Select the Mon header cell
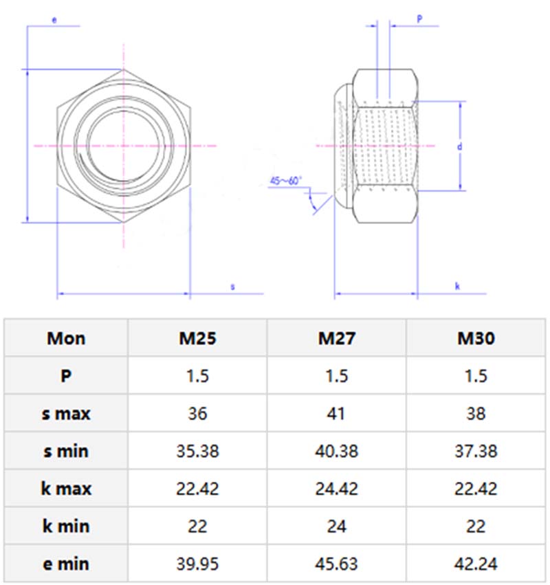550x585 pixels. pos(66,338)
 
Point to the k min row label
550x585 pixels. pos(66,527)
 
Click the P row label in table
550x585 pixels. pos(66,376)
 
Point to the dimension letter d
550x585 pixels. pos(459,146)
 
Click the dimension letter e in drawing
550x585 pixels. pos(54,21)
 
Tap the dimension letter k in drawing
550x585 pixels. pos(457,286)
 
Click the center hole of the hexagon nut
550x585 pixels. pos(124,146)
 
